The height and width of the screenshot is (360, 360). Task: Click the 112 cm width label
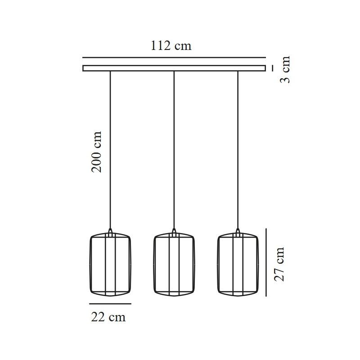(171, 46)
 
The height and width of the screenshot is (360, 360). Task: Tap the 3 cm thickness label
(285, 69)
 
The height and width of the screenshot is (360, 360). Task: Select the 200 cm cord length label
(96, 152)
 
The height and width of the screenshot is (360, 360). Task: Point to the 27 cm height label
(279, 264)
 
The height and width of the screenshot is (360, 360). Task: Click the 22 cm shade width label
(108, 317)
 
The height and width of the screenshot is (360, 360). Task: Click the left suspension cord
(110, 150)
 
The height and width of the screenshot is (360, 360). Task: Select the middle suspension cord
(174, 150)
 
